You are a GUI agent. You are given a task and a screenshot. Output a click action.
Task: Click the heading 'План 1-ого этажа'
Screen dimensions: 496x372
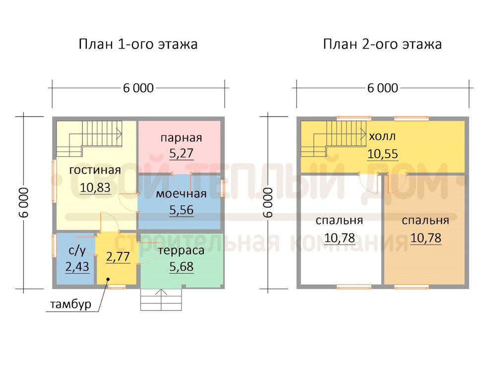(138, 44)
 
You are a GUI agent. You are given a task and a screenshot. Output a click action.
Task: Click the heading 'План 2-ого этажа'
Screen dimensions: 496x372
(382, 44)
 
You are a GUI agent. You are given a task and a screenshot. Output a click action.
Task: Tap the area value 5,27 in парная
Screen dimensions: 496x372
(181, 153)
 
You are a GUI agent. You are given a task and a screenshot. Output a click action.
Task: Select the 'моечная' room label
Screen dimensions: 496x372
(181, 193)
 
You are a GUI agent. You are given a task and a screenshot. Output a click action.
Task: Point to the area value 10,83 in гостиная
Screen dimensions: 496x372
(95, 187)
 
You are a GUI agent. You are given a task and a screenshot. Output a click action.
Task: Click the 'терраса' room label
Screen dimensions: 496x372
(181, 250)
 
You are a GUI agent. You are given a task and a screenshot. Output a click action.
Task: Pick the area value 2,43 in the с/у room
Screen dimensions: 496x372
(77, 267)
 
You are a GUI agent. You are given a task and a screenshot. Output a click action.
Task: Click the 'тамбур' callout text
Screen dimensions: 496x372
(70, 304)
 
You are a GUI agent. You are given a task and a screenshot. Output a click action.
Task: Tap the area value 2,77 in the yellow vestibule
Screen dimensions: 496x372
(118, 256)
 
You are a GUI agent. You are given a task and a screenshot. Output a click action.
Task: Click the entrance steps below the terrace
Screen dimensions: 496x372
(161, 300)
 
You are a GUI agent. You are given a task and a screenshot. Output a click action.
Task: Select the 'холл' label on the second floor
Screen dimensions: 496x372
(382, 136)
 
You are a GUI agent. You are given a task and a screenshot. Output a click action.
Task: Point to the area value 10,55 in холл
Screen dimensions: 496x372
(382, 154)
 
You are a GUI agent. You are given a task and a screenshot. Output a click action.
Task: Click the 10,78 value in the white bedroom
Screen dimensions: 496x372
(339, 238)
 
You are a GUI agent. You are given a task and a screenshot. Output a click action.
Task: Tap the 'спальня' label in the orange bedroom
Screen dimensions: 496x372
(426, 221)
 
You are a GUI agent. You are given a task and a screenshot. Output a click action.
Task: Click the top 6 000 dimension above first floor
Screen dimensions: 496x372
(138, 88)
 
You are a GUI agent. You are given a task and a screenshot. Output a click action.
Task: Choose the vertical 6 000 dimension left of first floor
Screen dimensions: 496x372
(24, 203)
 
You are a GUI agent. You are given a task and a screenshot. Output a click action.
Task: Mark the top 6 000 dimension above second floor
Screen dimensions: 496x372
(382, 88)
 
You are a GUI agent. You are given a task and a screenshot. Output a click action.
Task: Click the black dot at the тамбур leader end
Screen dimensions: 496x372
(108, 279)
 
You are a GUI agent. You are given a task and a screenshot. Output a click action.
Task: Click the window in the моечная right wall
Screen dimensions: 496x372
(223, 188)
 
